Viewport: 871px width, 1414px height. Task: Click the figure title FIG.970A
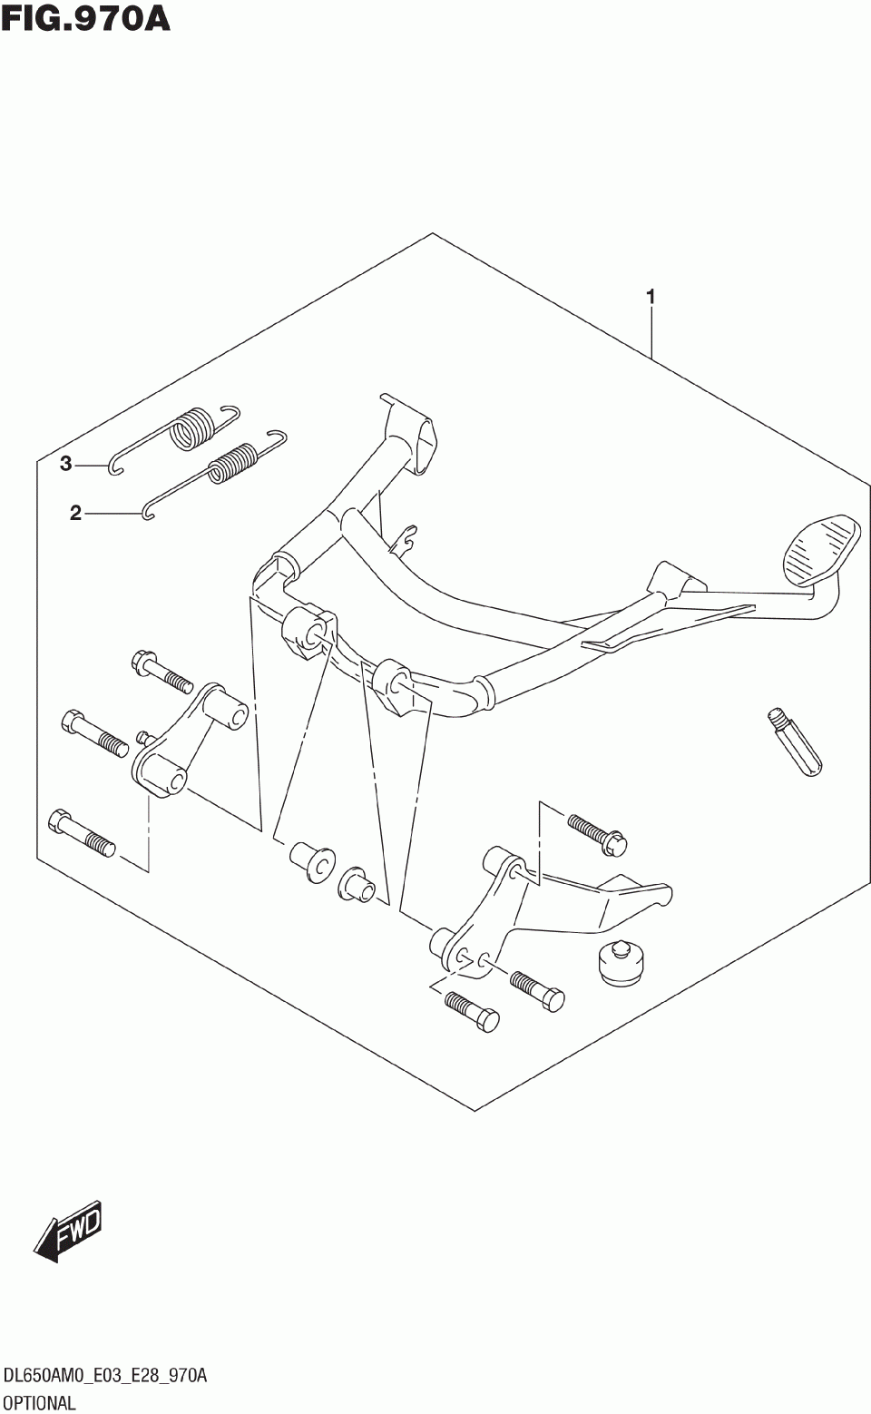point(85,17)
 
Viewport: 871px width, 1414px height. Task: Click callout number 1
point(650,296)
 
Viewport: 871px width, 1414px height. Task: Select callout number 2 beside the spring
point(75,514)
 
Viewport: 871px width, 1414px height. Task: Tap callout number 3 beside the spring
point(65,465)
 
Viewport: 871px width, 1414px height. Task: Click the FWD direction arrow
point(69,1231)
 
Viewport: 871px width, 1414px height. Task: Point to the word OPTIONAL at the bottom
point(38,1402)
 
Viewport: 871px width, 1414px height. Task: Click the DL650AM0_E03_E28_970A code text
point(104,1377)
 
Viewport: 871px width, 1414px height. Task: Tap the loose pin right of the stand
point(798,741)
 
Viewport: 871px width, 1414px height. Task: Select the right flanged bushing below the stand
point(357,885)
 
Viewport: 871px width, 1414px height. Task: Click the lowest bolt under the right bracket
point(472,1013)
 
